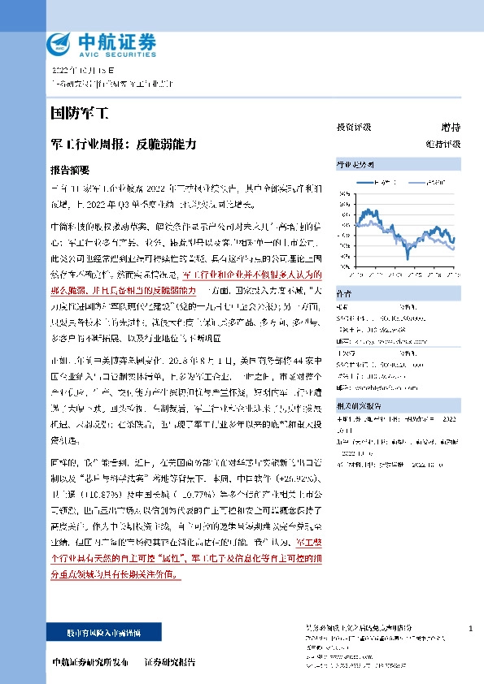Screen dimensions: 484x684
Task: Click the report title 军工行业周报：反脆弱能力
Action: (124, 143)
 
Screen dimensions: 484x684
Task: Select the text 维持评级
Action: (443, 144)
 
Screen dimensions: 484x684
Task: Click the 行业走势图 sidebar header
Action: (355, 164)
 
